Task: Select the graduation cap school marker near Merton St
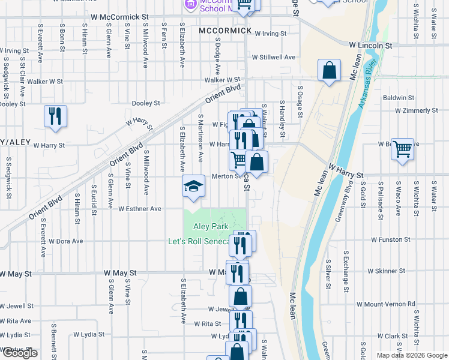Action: coord(193,187)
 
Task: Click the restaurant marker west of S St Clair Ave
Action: coord(55,116)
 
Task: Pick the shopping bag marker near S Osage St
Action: coord(330,71)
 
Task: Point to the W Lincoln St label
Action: coord(370,45)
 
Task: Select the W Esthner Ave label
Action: coord(140,209)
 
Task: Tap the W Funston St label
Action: coord(390,239)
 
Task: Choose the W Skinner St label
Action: coord(386,271)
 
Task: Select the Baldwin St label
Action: coord(399,97)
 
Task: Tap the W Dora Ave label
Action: coord(65,241)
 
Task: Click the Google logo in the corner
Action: coord(20,353)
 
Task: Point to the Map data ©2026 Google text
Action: coord(412,355)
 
